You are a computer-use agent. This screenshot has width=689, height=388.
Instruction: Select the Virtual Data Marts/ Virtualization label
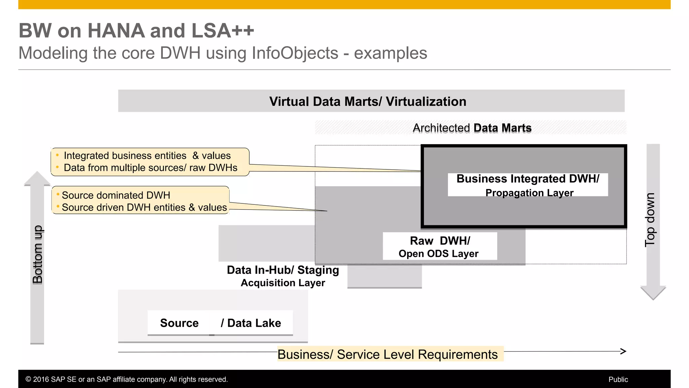tap(367, 101)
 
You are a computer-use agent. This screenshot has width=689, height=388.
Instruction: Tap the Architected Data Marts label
tap(472, 128)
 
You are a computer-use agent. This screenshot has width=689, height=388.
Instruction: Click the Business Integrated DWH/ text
tap(528, 179)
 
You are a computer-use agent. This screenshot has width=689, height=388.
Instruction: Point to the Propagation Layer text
tap(529, 193)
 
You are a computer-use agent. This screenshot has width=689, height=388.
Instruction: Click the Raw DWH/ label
tap(440, 241)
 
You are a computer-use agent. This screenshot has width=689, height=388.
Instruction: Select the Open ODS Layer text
tap(438, 254)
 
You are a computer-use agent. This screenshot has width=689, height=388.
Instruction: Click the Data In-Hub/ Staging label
tap(283, 270)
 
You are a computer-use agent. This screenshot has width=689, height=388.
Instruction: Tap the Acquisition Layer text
tap(283, 283)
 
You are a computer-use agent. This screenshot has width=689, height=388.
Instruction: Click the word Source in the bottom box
tap(179, 323)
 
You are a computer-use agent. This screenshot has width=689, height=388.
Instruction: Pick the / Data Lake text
tap(251, 323)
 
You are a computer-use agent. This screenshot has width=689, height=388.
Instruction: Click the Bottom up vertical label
tap(37, 254)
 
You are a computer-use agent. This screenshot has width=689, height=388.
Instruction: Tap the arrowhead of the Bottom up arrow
tap(37, 179)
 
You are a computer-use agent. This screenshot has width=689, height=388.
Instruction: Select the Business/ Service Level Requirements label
tap(387, 354)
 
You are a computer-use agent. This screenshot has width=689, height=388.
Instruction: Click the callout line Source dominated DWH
tap(116, 195)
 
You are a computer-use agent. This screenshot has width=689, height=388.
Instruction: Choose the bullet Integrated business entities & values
tap(147, 156)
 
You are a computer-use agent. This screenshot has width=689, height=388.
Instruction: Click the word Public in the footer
tap(618, 380)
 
